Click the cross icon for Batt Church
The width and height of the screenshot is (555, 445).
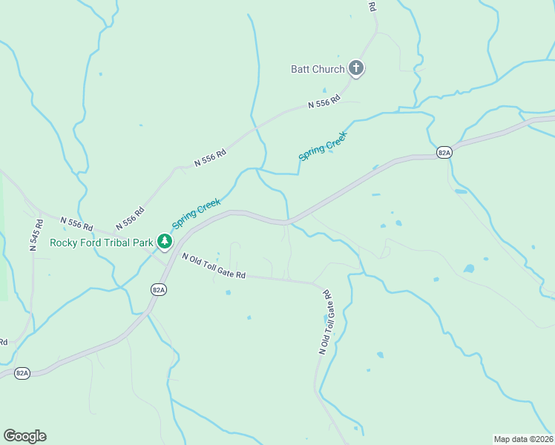click(356, 69)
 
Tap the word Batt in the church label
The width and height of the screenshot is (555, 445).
click(300, 70)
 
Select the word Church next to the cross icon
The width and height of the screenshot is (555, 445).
click(328, 70)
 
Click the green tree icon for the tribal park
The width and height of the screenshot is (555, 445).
click(164, 241)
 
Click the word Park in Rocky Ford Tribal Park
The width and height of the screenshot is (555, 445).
click(142, 242)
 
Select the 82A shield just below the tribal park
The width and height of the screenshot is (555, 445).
click(158, 290)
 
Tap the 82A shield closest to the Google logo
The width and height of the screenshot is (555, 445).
click(22, 373)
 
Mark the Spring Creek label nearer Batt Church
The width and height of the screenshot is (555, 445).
click(323, 142)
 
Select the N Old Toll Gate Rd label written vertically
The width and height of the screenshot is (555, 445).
click(326, 322)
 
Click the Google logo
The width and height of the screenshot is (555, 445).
click(24, 436)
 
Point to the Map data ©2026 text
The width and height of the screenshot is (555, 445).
click(523, 438)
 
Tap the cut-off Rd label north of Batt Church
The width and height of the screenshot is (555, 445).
click(372, 5)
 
